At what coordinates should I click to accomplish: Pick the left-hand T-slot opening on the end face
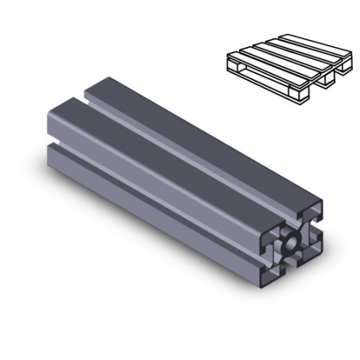[x=271, y=243]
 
